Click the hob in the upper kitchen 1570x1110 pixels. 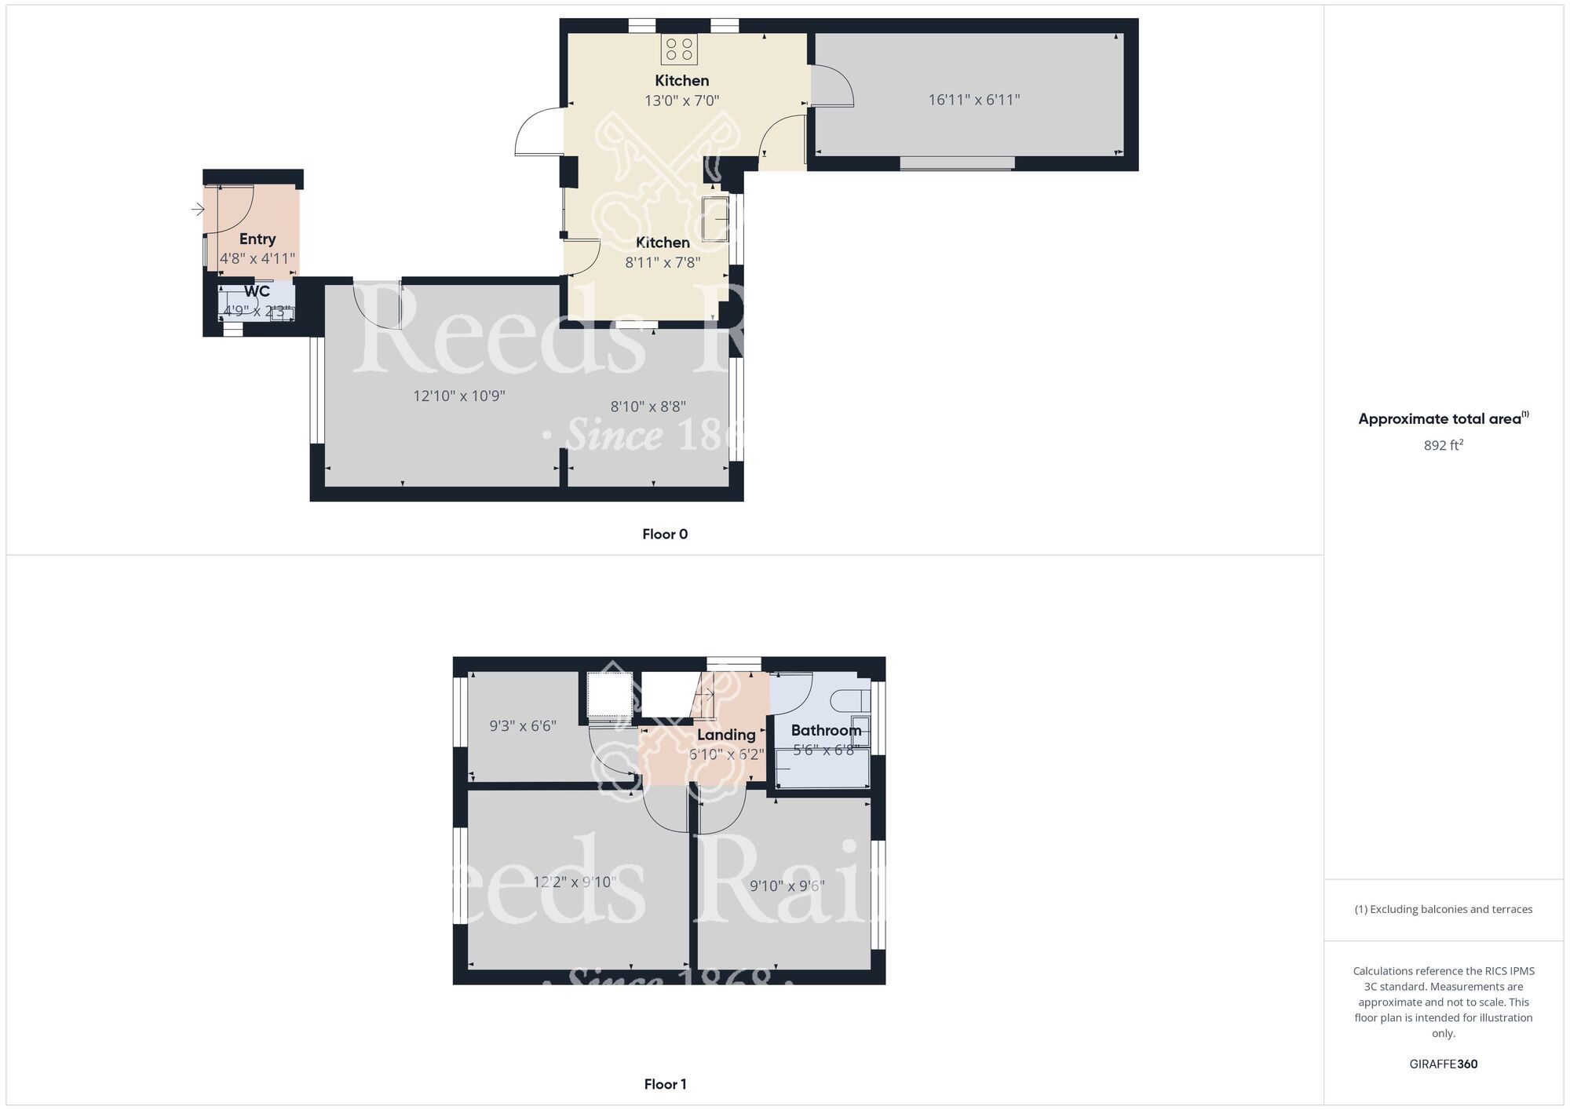pyautogui.click(x=679, y=49)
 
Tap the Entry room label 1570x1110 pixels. pyautogui.click(x=257, y=239)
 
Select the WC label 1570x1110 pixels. pyautogui.click(x=257, y=292)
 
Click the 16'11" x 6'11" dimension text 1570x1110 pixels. pyautogui.click(x=973, y=100)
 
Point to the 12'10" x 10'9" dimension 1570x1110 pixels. pyautogui.click(x=459, y=396)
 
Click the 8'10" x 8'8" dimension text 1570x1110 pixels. pyautogui.click(x=648, y=407)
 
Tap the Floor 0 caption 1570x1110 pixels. pyautogui.click(x=665, y=535)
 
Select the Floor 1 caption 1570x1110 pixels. pyautogui.click(x=665, y=1084)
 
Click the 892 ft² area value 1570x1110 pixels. pyautogui.click(x=1444, y=445)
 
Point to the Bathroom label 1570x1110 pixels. pyautogui.click(x=826, y=731)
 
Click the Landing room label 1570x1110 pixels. pyautogui.click(x=726, y=735)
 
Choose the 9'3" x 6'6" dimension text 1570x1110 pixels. pyautogui.click(x=523, y=726)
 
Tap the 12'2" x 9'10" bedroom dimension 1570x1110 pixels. pyautogui.click(x=575, y=882)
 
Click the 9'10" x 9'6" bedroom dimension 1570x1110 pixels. pyautogui.click(x=787, y=886)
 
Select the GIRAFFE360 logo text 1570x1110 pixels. pyautogui.click(x=1444, y=1064)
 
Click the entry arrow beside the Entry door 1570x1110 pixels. pyautogui.click(x=198, y=210)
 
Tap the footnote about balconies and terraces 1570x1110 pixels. pyautogui.click(x=1444, y=910)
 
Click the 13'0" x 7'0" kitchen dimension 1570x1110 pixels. pyautogui.click(x=682, y=100)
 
